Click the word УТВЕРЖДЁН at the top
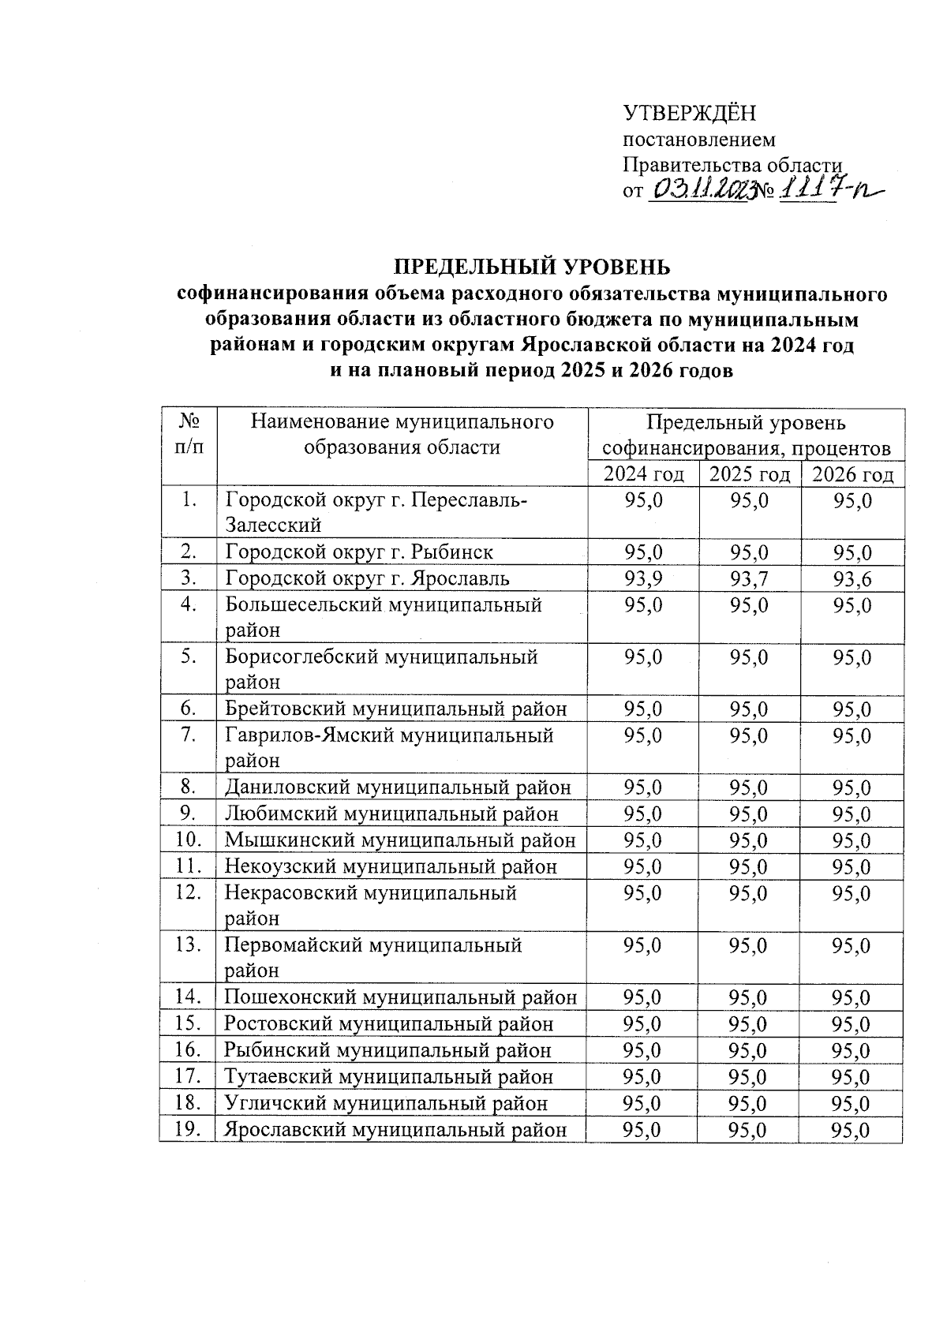(690, 114)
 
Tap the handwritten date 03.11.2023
(698, 189)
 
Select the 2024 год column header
(643, 474)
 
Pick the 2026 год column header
(852, 474)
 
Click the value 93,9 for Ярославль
(643, 579)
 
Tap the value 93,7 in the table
(749, 579)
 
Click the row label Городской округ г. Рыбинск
(359, 552)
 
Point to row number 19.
(186, 1129)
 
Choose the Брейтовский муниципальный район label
(395, 709)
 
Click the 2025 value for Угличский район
(748, 1103)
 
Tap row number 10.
(186, 840)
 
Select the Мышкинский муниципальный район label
(400, 840)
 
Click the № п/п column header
(188, 434)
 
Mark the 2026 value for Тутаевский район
(851, 1077)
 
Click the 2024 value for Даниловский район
(643, 787)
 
